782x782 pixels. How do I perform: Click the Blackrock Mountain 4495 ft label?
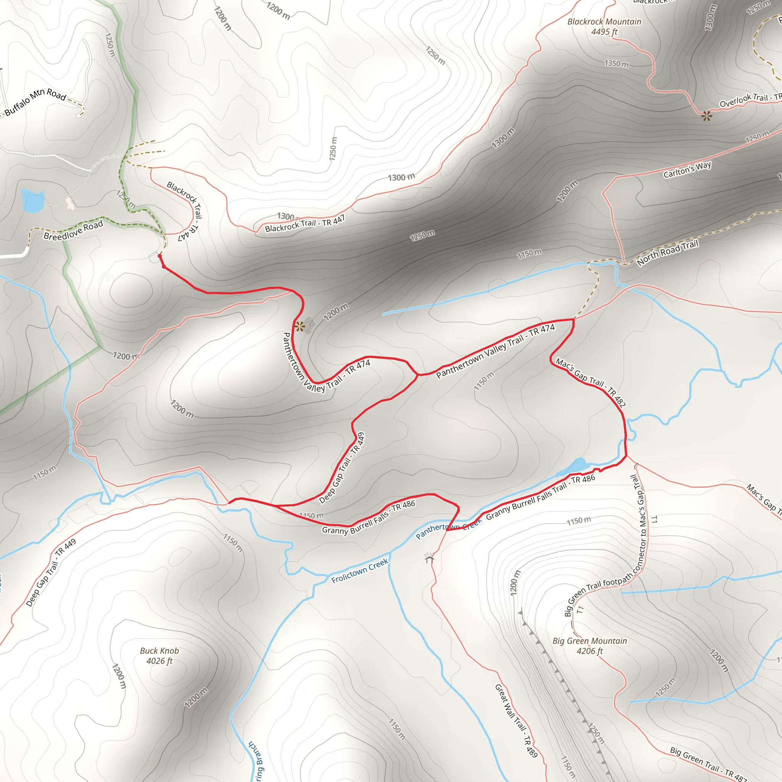[x=604, y=27]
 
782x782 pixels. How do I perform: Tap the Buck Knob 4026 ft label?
[x=159, y=656]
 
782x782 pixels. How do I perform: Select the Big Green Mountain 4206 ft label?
[x=589, y=646]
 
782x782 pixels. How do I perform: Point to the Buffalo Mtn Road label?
[x=35, y=101]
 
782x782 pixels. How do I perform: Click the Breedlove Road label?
[x=73, y=230]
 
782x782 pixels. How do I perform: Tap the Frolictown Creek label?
[x=359, y=571]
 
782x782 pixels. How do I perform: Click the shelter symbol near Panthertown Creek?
[x=430, y=558]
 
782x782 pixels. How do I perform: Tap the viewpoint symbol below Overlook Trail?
[x=707, y=116]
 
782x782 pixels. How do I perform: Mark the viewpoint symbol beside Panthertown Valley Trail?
[x=299, y=326]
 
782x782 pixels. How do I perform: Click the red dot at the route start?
[x=160, y=256]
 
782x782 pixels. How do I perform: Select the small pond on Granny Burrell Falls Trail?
[x=578, y=465]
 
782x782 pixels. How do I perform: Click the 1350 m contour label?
[x=616, y=63]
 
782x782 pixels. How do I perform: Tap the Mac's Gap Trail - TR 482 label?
[x=591, y=382]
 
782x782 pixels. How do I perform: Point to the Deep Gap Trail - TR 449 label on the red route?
[x=342, y=468]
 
